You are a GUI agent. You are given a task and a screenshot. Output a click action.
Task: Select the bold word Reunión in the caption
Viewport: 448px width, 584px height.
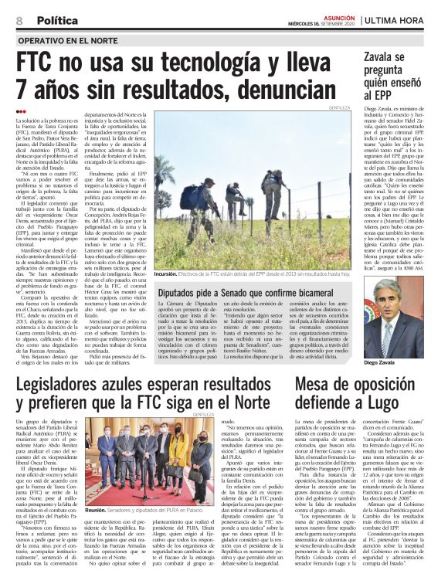tap(98, 511)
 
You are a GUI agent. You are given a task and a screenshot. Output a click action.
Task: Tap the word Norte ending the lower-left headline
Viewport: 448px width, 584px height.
tap(251, 404)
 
